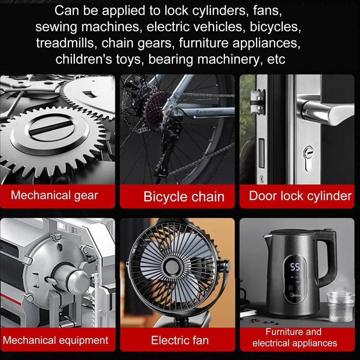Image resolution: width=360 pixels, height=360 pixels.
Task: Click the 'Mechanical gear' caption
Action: pyautogui.click(x=54, y=195)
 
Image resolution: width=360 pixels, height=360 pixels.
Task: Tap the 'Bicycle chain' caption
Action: pyautogui.click(x=184, y=197)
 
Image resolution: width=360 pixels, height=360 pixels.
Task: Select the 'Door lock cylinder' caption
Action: pyautogui.click(x=300, y=196)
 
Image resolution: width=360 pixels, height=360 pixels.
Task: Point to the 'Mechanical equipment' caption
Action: pyautogui.click(x=55, y=340)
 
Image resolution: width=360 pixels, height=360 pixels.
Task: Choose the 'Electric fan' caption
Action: pyautogui.click(x=180, y=340)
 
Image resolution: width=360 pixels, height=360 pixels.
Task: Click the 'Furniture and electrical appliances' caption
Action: pyautogui.click(x=294, y=337)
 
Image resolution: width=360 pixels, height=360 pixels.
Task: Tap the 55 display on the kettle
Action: pyautogui.click(x=295, y=267)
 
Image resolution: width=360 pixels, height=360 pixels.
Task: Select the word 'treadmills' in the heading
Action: pyautogui.click(x=65, y=43)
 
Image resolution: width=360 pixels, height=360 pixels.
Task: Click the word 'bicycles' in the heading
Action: pyautogui.click(x=275, y=27)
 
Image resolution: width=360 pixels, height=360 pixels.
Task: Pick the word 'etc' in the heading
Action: pyautogui.click(x=276, y=59)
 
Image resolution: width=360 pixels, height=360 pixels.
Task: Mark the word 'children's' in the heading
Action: pyautogui.click(x=84, y=59)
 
